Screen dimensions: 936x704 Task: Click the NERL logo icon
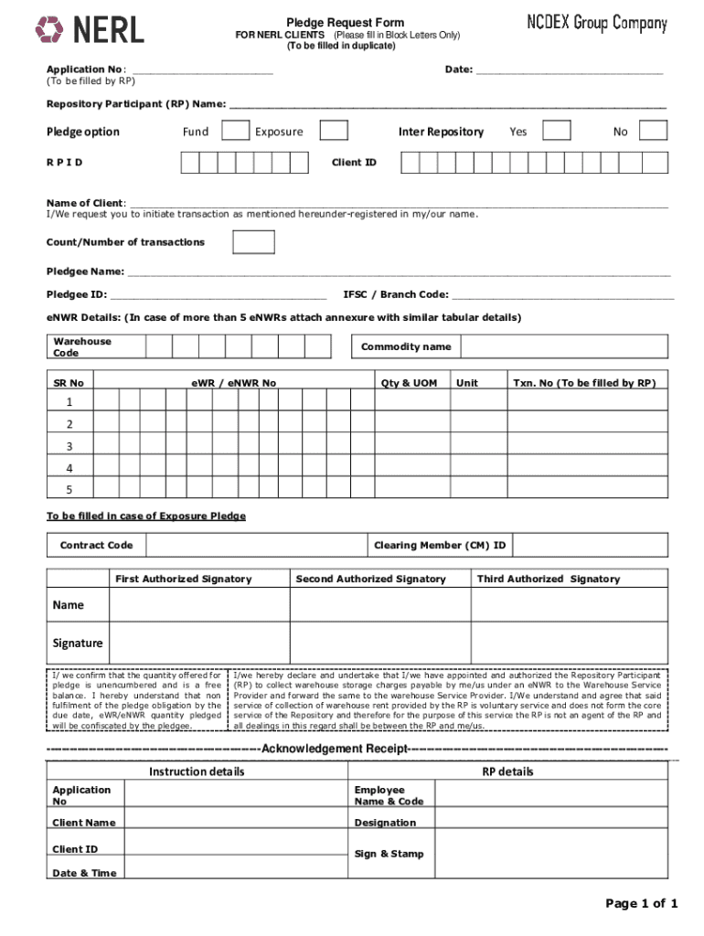[x=49, y=30]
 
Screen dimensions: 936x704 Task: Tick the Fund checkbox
[x=236, y=131]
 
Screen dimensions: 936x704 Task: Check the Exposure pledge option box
[x=334, y=131]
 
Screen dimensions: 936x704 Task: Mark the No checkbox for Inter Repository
[x=653, y=131]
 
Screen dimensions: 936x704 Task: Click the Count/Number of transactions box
[x=253, y=241]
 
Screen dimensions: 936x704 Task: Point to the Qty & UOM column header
[x=408, y=383]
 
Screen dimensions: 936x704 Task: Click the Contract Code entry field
[x=255, y=546]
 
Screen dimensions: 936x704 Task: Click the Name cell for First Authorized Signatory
[x=198, y=605]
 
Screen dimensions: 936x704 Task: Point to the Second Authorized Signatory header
[x=370, y=579]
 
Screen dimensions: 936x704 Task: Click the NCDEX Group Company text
[x=596, y=25]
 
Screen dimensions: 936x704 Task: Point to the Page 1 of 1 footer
[x=641, y=904]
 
